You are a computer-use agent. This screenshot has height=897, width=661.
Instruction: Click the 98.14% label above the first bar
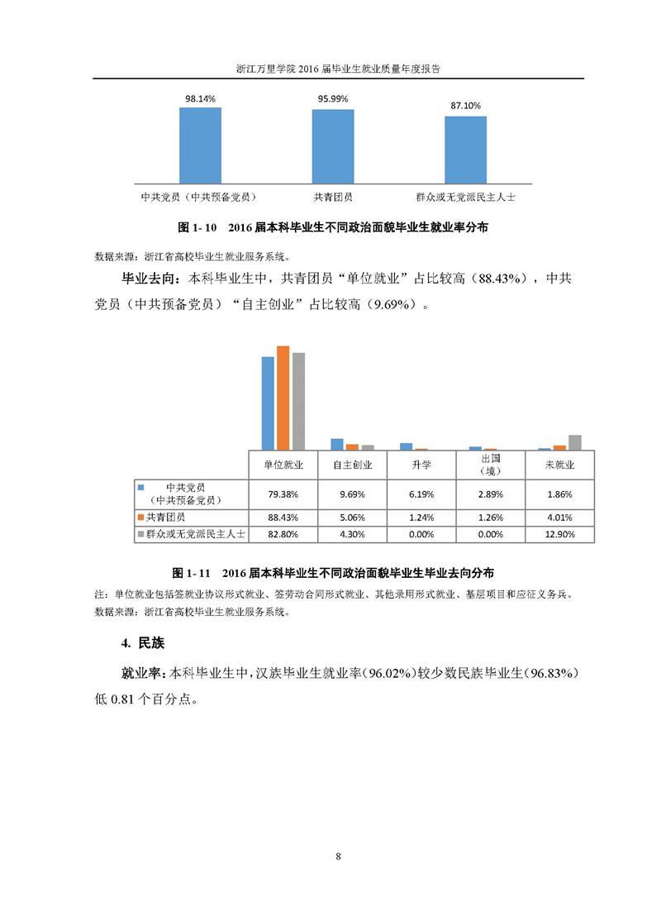[x=200, y=98]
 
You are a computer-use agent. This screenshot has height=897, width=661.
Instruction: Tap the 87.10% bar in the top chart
[x=465, y=150]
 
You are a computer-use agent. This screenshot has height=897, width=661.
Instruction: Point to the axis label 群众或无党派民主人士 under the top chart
[x=471, y=197]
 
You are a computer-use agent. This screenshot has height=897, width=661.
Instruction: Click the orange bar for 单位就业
[x=283, y=398]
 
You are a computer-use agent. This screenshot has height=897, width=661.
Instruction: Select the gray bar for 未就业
[x=575, y=442]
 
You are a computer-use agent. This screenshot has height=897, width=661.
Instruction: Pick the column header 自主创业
[x=353, y=465]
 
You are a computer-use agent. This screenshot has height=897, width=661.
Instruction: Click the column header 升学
[x=421, y=465]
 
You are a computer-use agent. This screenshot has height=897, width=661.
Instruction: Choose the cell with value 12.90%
[x=559, y=535]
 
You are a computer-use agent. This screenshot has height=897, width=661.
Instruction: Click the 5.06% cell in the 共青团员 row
[x=353, y=518]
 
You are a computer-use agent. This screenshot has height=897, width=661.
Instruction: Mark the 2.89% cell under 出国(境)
[x=491, y=494]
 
